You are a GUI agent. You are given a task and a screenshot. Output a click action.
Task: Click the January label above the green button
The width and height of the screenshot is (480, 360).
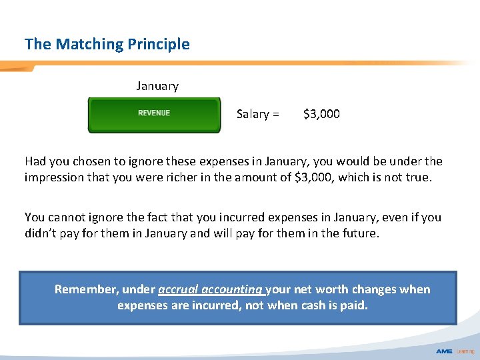[157, 86]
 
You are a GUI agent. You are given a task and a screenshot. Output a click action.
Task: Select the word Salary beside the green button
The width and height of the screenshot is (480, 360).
[253, 114]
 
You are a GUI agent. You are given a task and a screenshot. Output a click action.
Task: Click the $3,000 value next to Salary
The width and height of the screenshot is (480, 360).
[321, 114]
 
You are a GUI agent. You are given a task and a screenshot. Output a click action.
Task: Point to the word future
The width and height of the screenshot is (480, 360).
[360, 233]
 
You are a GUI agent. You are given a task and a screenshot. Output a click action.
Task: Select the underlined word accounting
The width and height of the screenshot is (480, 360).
[233, 289]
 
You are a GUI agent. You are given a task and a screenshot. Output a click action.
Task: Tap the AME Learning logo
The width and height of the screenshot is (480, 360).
[455, 351]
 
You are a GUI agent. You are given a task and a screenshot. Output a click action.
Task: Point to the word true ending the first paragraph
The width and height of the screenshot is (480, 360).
[419, 177]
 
